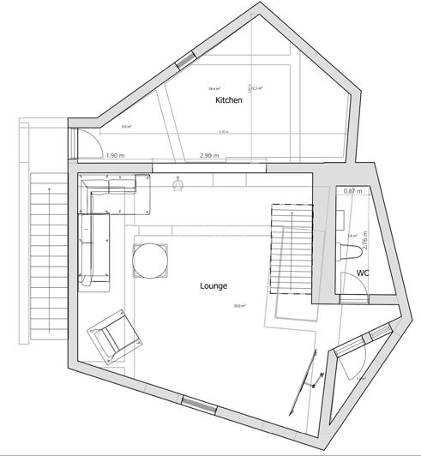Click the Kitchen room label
pyautogui.click(x=228, y=101)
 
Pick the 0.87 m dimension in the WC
pyautogui.click(x=352, y=190)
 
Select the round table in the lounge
pyautogui.click(x=151, y=261)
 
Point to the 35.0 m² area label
pyautogui.click(x=238, y=307)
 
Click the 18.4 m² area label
pyautogui.click(x=214, y=88)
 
